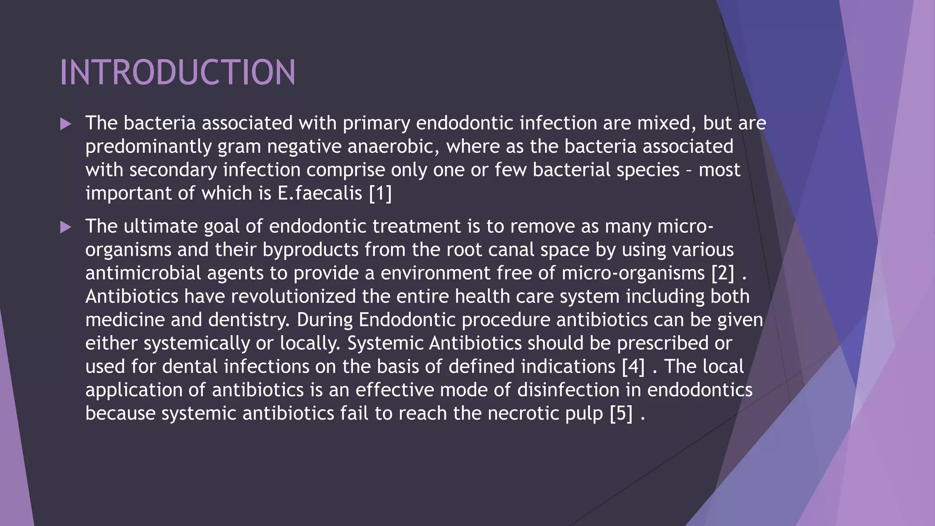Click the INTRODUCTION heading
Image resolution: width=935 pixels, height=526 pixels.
(x=178, y=72)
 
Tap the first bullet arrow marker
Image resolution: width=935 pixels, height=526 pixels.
(x=66, y=124)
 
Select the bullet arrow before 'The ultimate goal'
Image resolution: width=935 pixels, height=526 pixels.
(x=66, y=227)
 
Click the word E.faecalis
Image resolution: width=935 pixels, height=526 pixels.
(x=320, y=193)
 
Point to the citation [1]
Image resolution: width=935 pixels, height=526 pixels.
(x=380, y=193)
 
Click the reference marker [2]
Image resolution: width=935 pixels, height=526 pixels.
(x=723, y=273)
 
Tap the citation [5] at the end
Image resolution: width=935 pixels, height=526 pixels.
(x=621, y=413)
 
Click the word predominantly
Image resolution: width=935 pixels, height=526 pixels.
(x=148, y=147)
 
